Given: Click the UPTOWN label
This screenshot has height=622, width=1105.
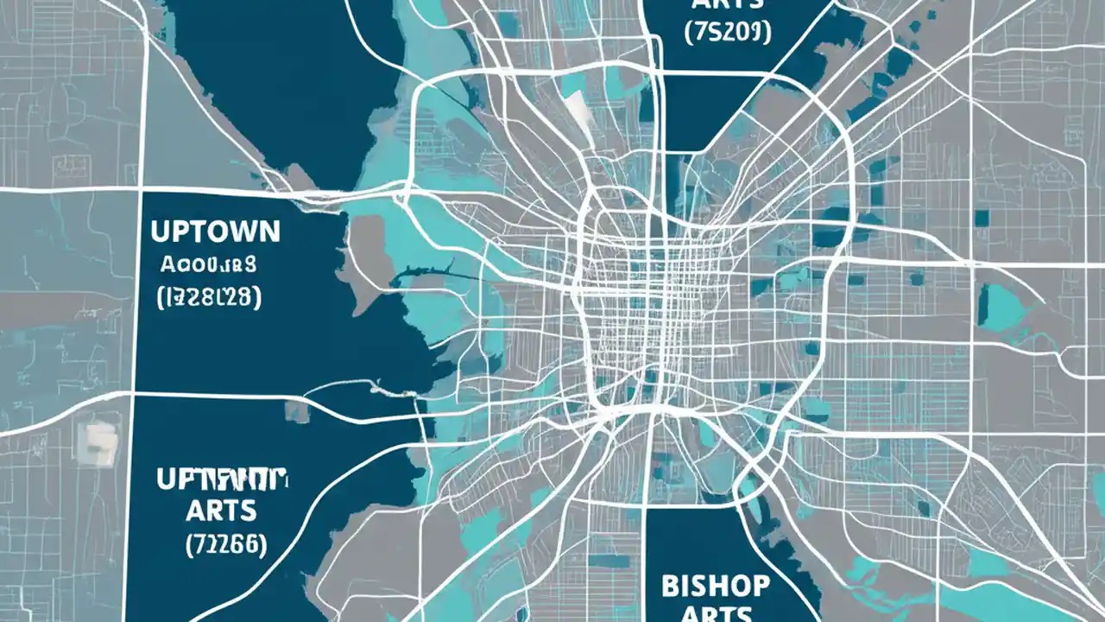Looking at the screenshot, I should (x=215, y=231).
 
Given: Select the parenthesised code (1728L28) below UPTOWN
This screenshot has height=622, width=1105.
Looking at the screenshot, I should (x=210, y=298).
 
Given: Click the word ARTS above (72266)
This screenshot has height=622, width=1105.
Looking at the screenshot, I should (x=221, y=510).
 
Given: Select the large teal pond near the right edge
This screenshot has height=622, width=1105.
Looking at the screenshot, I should (x=999, y=306).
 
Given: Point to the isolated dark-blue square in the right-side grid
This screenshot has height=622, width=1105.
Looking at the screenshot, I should (x=982, y=218).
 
